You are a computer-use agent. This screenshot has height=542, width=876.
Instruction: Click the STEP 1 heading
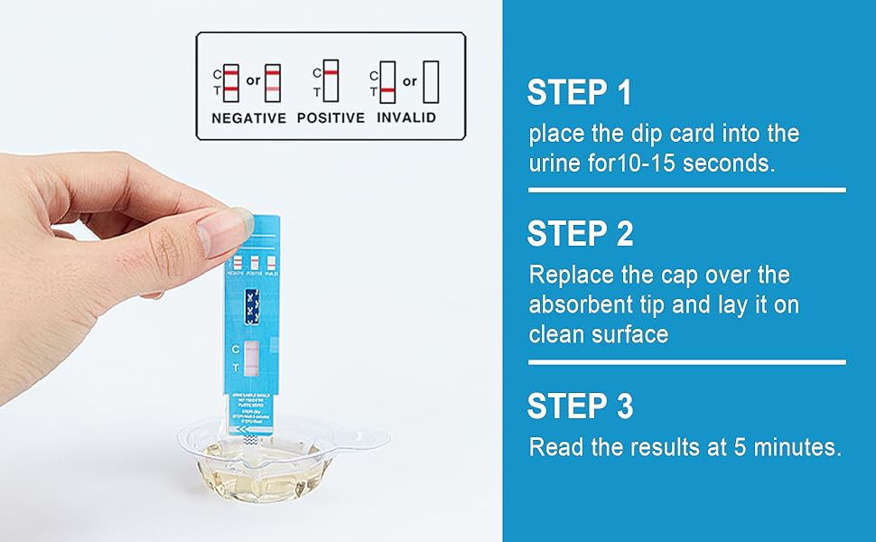579,93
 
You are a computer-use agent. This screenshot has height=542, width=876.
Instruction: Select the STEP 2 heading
580,234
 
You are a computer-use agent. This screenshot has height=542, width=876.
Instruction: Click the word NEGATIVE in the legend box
248,118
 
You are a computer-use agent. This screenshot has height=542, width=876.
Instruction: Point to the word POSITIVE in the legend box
331,118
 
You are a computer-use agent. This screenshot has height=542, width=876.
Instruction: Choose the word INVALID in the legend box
406,118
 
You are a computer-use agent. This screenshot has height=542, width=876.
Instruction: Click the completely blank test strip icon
431,81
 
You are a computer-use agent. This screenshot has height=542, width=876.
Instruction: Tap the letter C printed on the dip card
236,349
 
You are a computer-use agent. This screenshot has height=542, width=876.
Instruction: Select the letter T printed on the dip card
236,368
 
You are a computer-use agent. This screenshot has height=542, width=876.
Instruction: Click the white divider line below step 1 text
686,191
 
